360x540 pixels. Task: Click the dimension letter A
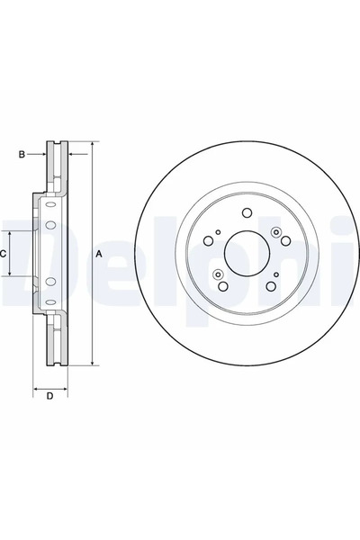click(x=99, y=255)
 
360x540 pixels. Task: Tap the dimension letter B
click(x=22, y=155)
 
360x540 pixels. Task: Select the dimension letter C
click(x=4, y=255)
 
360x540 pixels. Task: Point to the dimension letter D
click(x=50, y=396)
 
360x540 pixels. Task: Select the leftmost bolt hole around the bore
click(x=207, y=241)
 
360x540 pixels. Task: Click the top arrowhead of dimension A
click(x=92, y=144)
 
